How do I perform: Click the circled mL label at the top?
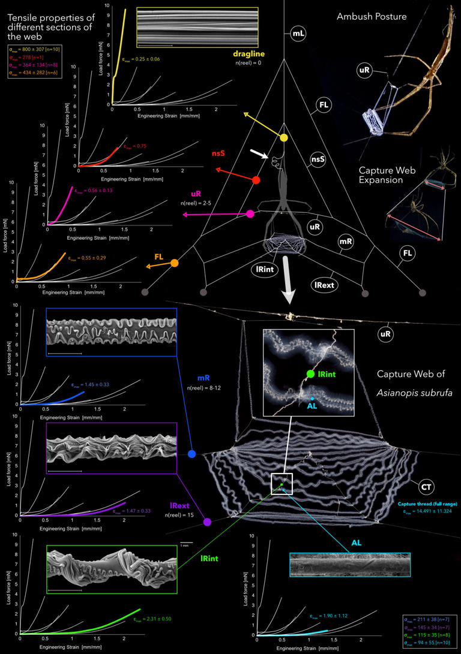(x=297, y=35)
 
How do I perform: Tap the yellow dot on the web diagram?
(x=283, y=138)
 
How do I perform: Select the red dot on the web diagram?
(x=256, y=180)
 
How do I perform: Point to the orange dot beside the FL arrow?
(x=175, y=263)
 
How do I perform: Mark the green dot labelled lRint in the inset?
(x=310, y=374)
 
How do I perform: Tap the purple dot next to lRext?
(x=207, y=522)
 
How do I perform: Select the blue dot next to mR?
(x=192, y=454)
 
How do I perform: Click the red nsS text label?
(x=218, y=153)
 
